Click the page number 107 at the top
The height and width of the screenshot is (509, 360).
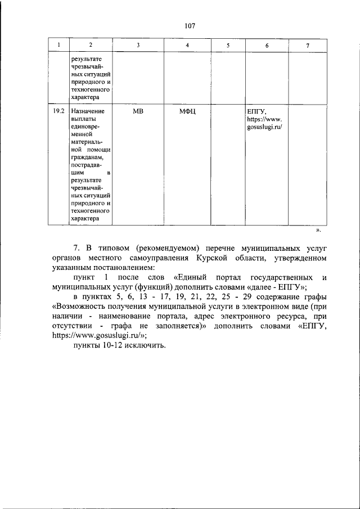click(x=189, y=25)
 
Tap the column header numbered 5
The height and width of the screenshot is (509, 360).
click(x=228, y=45)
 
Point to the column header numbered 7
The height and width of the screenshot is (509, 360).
click(x=307, y=45)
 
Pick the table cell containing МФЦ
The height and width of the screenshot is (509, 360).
click(x=187, y=112)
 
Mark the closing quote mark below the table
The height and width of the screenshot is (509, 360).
click(x=318, y=231)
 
